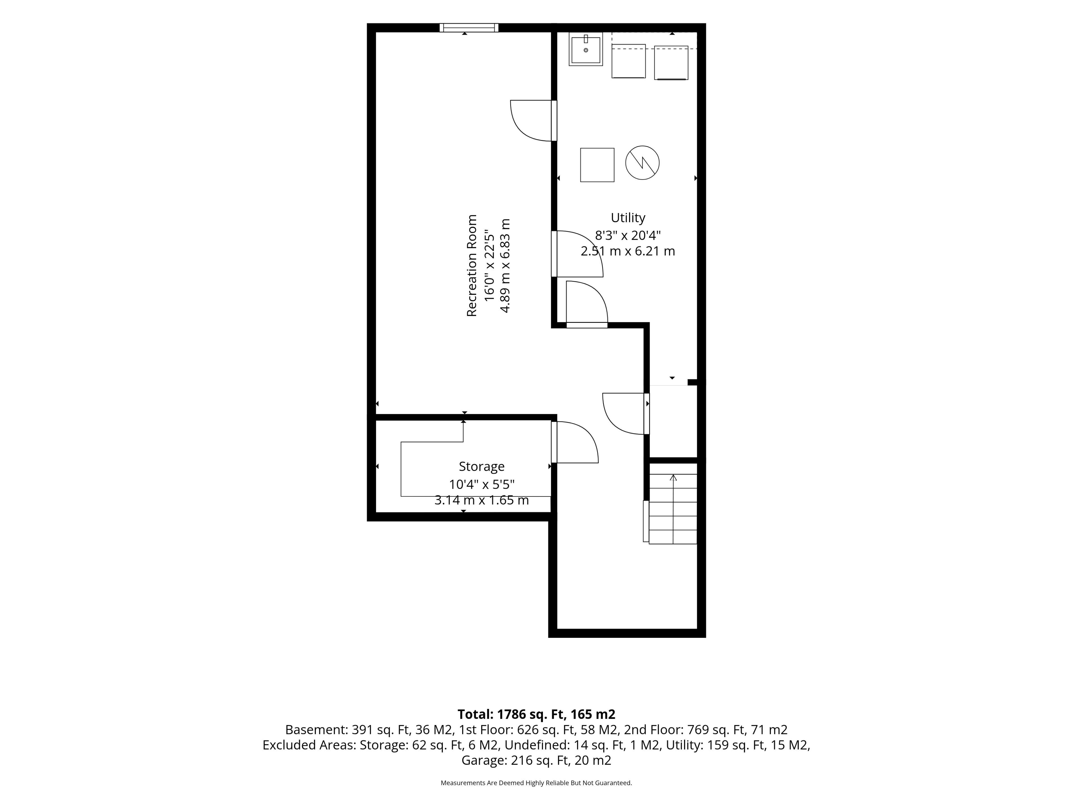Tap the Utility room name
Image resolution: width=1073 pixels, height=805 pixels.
click(x=628, y=218)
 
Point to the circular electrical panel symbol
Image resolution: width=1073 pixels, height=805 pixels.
click(x=642, y=163)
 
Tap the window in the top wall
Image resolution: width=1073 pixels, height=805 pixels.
click(x=469, y=28)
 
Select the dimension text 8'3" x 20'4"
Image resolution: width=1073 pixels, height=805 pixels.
click(x=628, y=235)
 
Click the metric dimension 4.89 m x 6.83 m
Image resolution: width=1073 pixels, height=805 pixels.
click(x=505, y=266)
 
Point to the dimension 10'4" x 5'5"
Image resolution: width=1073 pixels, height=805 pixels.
click(x=482, y=484)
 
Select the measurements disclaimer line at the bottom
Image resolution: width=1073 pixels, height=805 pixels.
click(x=536, y=783)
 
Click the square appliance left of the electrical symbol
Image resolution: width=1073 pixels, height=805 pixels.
click(x=597, y=165)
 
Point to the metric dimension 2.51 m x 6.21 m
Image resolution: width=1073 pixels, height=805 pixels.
click(x=628, y=251)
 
